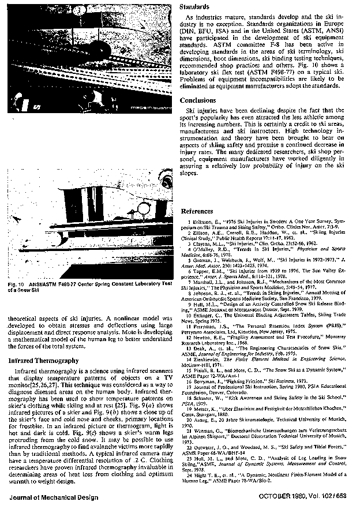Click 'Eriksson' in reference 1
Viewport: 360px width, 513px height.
pyautogui.click(x=206, y=222)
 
